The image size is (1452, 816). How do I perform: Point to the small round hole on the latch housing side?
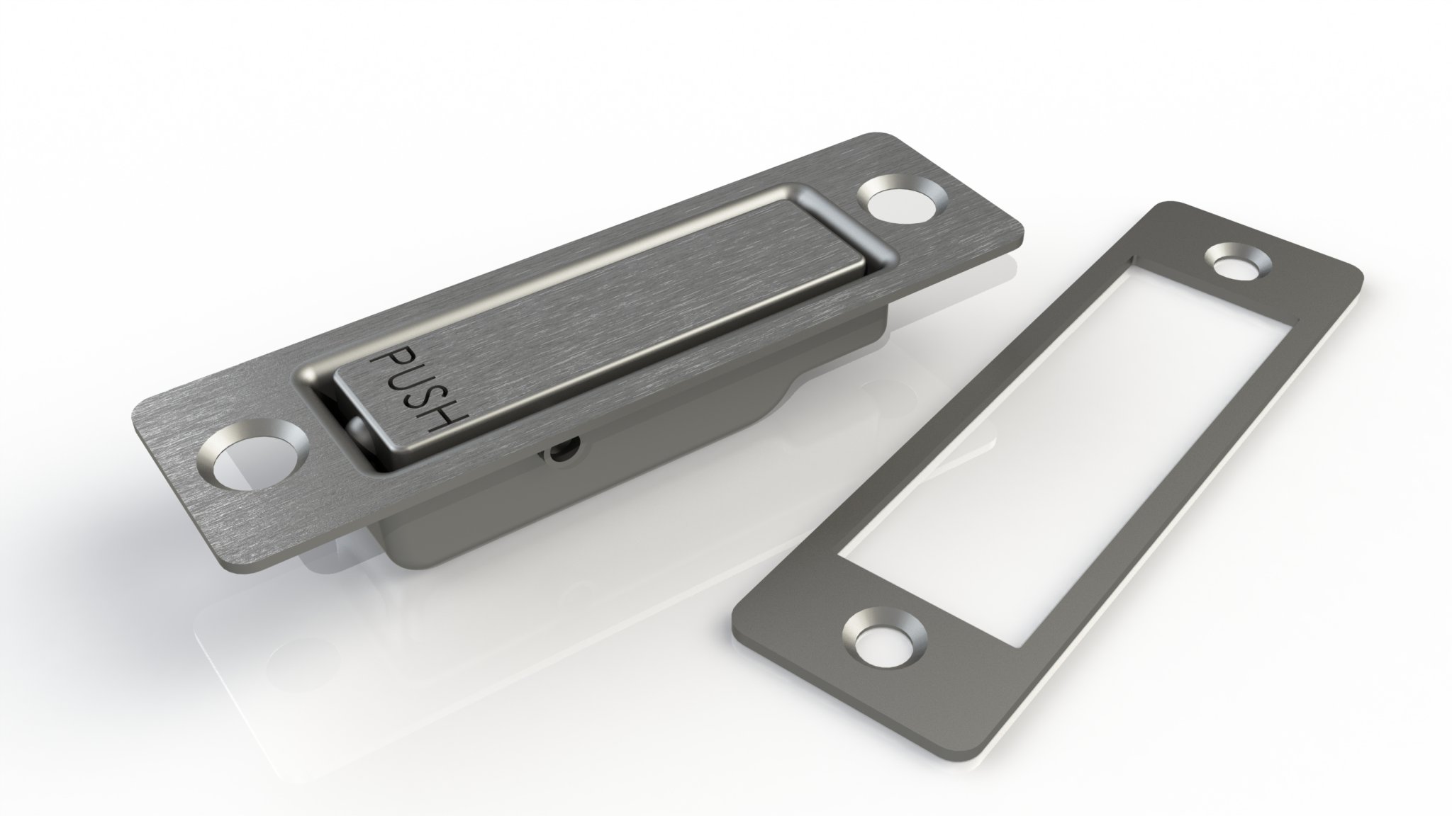pyautogui.click(x=563, y=450)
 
